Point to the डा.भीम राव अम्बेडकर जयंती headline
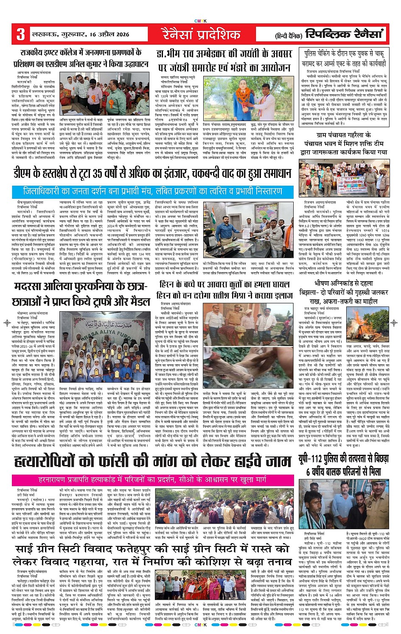click(224, 60)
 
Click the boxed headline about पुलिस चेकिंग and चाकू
click(345, 58)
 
